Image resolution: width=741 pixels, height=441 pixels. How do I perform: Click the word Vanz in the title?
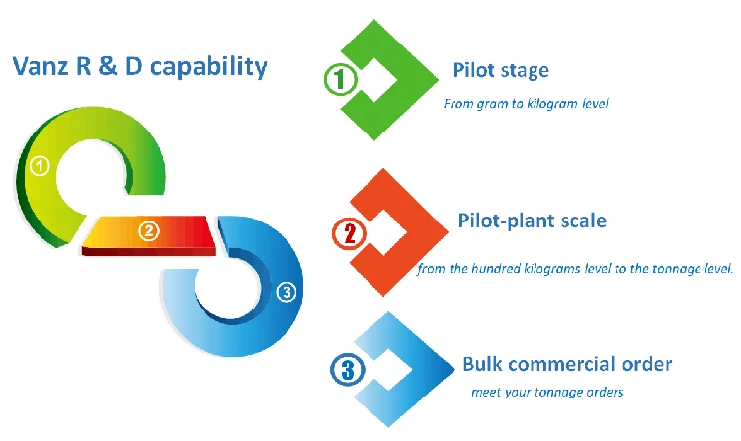(41, 66)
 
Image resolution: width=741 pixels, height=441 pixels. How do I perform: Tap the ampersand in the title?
(108, 66)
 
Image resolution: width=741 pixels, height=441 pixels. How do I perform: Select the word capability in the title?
(208, 67)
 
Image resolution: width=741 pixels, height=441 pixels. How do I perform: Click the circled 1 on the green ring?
(40, 166)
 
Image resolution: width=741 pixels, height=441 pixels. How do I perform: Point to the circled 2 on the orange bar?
(149, 231)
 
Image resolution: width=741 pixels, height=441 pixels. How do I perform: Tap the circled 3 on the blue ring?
(287, 292)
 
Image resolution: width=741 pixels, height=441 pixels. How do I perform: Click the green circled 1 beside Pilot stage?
(340, 79)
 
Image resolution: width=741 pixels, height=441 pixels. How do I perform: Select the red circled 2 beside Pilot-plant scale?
(349, 233)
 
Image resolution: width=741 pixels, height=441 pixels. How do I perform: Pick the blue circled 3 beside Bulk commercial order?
(348, 370)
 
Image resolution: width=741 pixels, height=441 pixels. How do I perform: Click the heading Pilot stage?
(501, 70)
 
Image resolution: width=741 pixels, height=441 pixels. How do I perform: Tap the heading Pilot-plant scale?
(533, 220)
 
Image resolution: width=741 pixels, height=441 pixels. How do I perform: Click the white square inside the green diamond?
(374, 79)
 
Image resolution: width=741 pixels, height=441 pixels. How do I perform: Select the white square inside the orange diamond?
(385, 232)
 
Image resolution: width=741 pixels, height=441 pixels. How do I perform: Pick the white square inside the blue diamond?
(388, 370)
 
